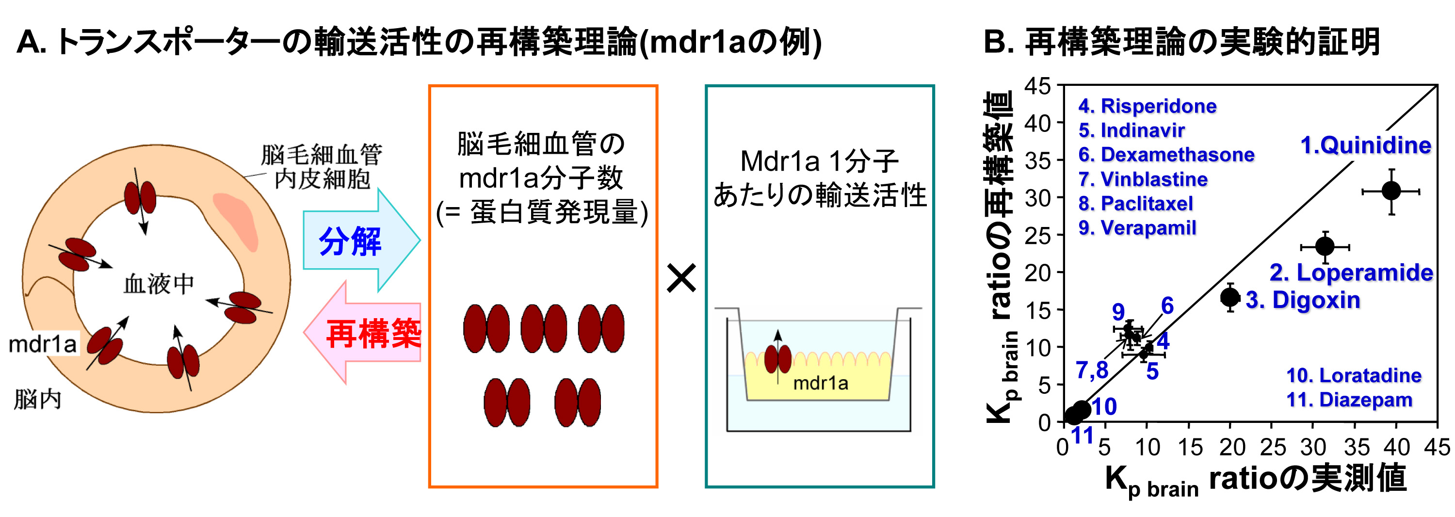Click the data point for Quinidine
1391,192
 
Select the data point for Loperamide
1325,246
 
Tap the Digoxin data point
1230,297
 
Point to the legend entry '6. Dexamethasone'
1166,154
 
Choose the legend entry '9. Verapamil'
1137,228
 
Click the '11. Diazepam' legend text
1349,400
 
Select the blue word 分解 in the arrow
350,241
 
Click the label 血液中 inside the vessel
159,284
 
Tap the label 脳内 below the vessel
37,400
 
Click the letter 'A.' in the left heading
31,42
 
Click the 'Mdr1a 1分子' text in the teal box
819,162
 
